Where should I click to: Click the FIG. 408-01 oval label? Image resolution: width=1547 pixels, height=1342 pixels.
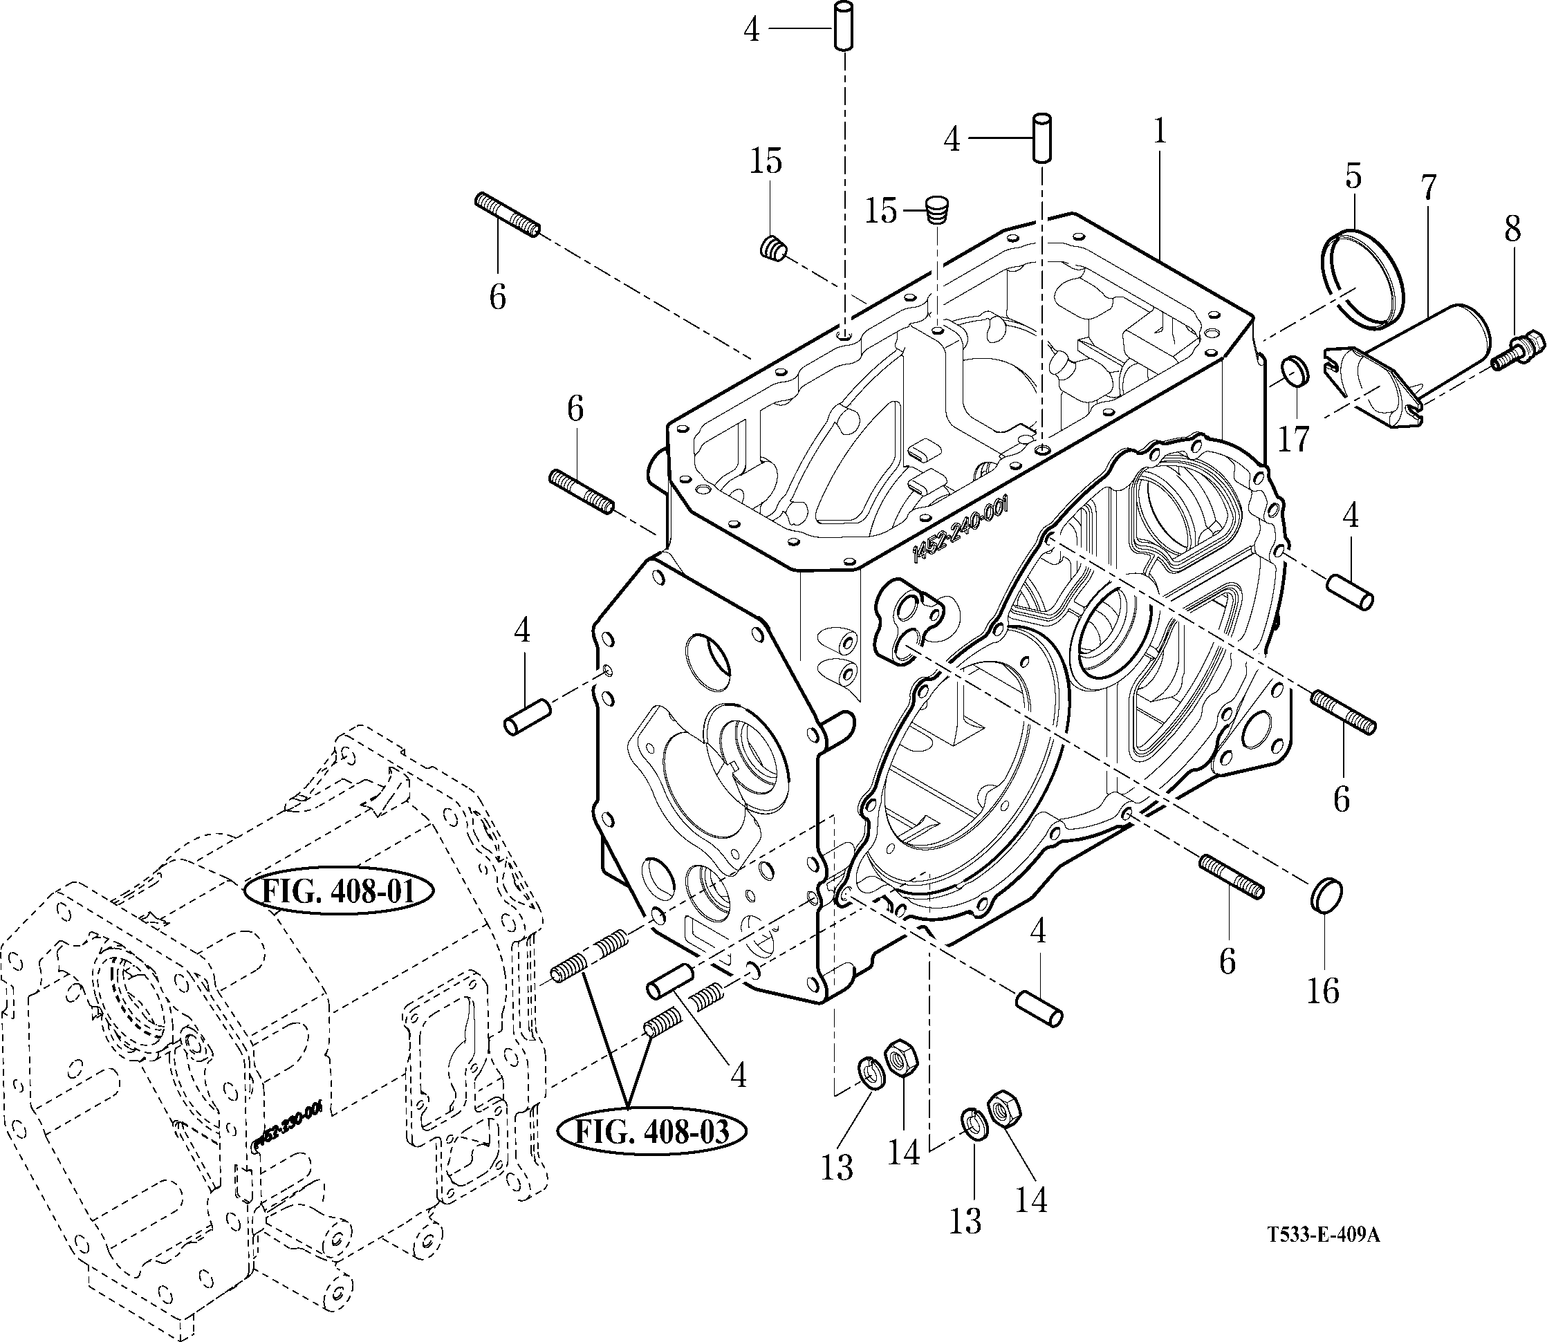(x=340, y=892)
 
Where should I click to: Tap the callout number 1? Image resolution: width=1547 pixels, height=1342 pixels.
(x=1160, y=133)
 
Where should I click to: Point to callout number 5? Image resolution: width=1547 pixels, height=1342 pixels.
(x=1353, y=176)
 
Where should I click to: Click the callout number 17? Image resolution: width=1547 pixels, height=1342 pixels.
(x=1294, y=439)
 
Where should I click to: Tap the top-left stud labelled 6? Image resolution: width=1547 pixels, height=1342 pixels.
(x=507, y=216)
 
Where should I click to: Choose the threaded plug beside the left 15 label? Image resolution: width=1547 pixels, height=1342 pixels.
(x=773, y=249)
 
